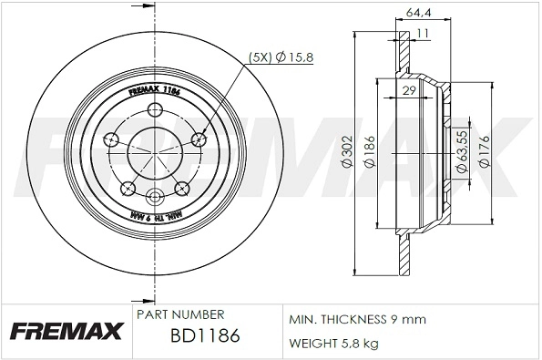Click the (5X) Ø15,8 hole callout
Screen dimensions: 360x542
281,58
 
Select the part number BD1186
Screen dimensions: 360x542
205,336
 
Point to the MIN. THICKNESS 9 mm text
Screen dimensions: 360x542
356,320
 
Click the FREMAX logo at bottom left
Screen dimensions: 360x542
65,330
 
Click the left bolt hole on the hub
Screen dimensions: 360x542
113,139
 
